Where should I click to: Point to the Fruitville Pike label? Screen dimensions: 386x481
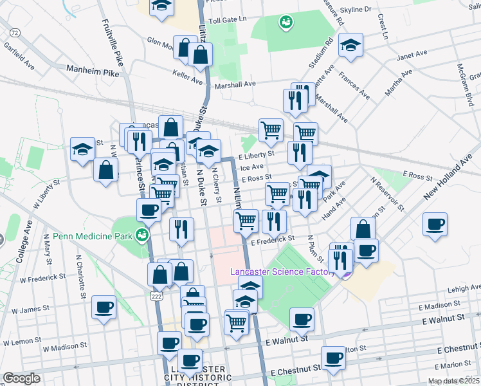tap(111, 47)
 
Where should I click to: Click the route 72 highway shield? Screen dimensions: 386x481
tap(15, 32)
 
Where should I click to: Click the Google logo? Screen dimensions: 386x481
tap(21, 378)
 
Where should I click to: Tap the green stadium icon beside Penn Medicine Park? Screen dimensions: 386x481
tap(141, 236)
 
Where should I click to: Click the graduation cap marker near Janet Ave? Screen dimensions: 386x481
tap(351, 46)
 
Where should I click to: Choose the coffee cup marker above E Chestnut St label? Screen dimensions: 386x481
tap(333, 358)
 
